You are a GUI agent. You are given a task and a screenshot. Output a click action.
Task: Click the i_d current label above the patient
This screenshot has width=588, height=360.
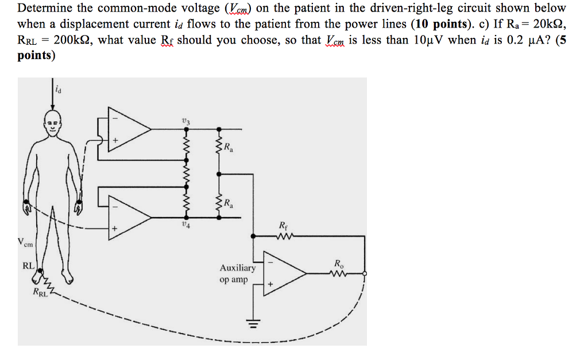pos(57,88)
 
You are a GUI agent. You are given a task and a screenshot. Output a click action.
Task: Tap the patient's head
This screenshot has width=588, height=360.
pos(52,124)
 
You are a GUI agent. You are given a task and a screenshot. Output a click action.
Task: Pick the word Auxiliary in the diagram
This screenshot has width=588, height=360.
pos(237,268)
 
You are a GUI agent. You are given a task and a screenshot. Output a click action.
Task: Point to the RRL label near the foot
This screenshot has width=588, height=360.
pos(40,295)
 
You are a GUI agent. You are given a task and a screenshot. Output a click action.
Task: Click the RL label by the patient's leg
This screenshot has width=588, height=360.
pos(28,266)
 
